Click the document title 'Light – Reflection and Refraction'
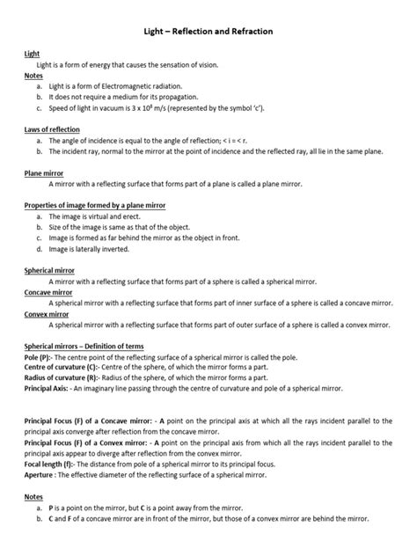[x=208, y=31]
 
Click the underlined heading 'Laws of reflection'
[x=52, y=128]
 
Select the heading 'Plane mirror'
[x=44, y=173]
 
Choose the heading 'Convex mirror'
[x=47, y=312]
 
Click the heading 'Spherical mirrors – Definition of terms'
[x=84, y=346]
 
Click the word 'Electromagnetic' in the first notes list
[x=136, y=86]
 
